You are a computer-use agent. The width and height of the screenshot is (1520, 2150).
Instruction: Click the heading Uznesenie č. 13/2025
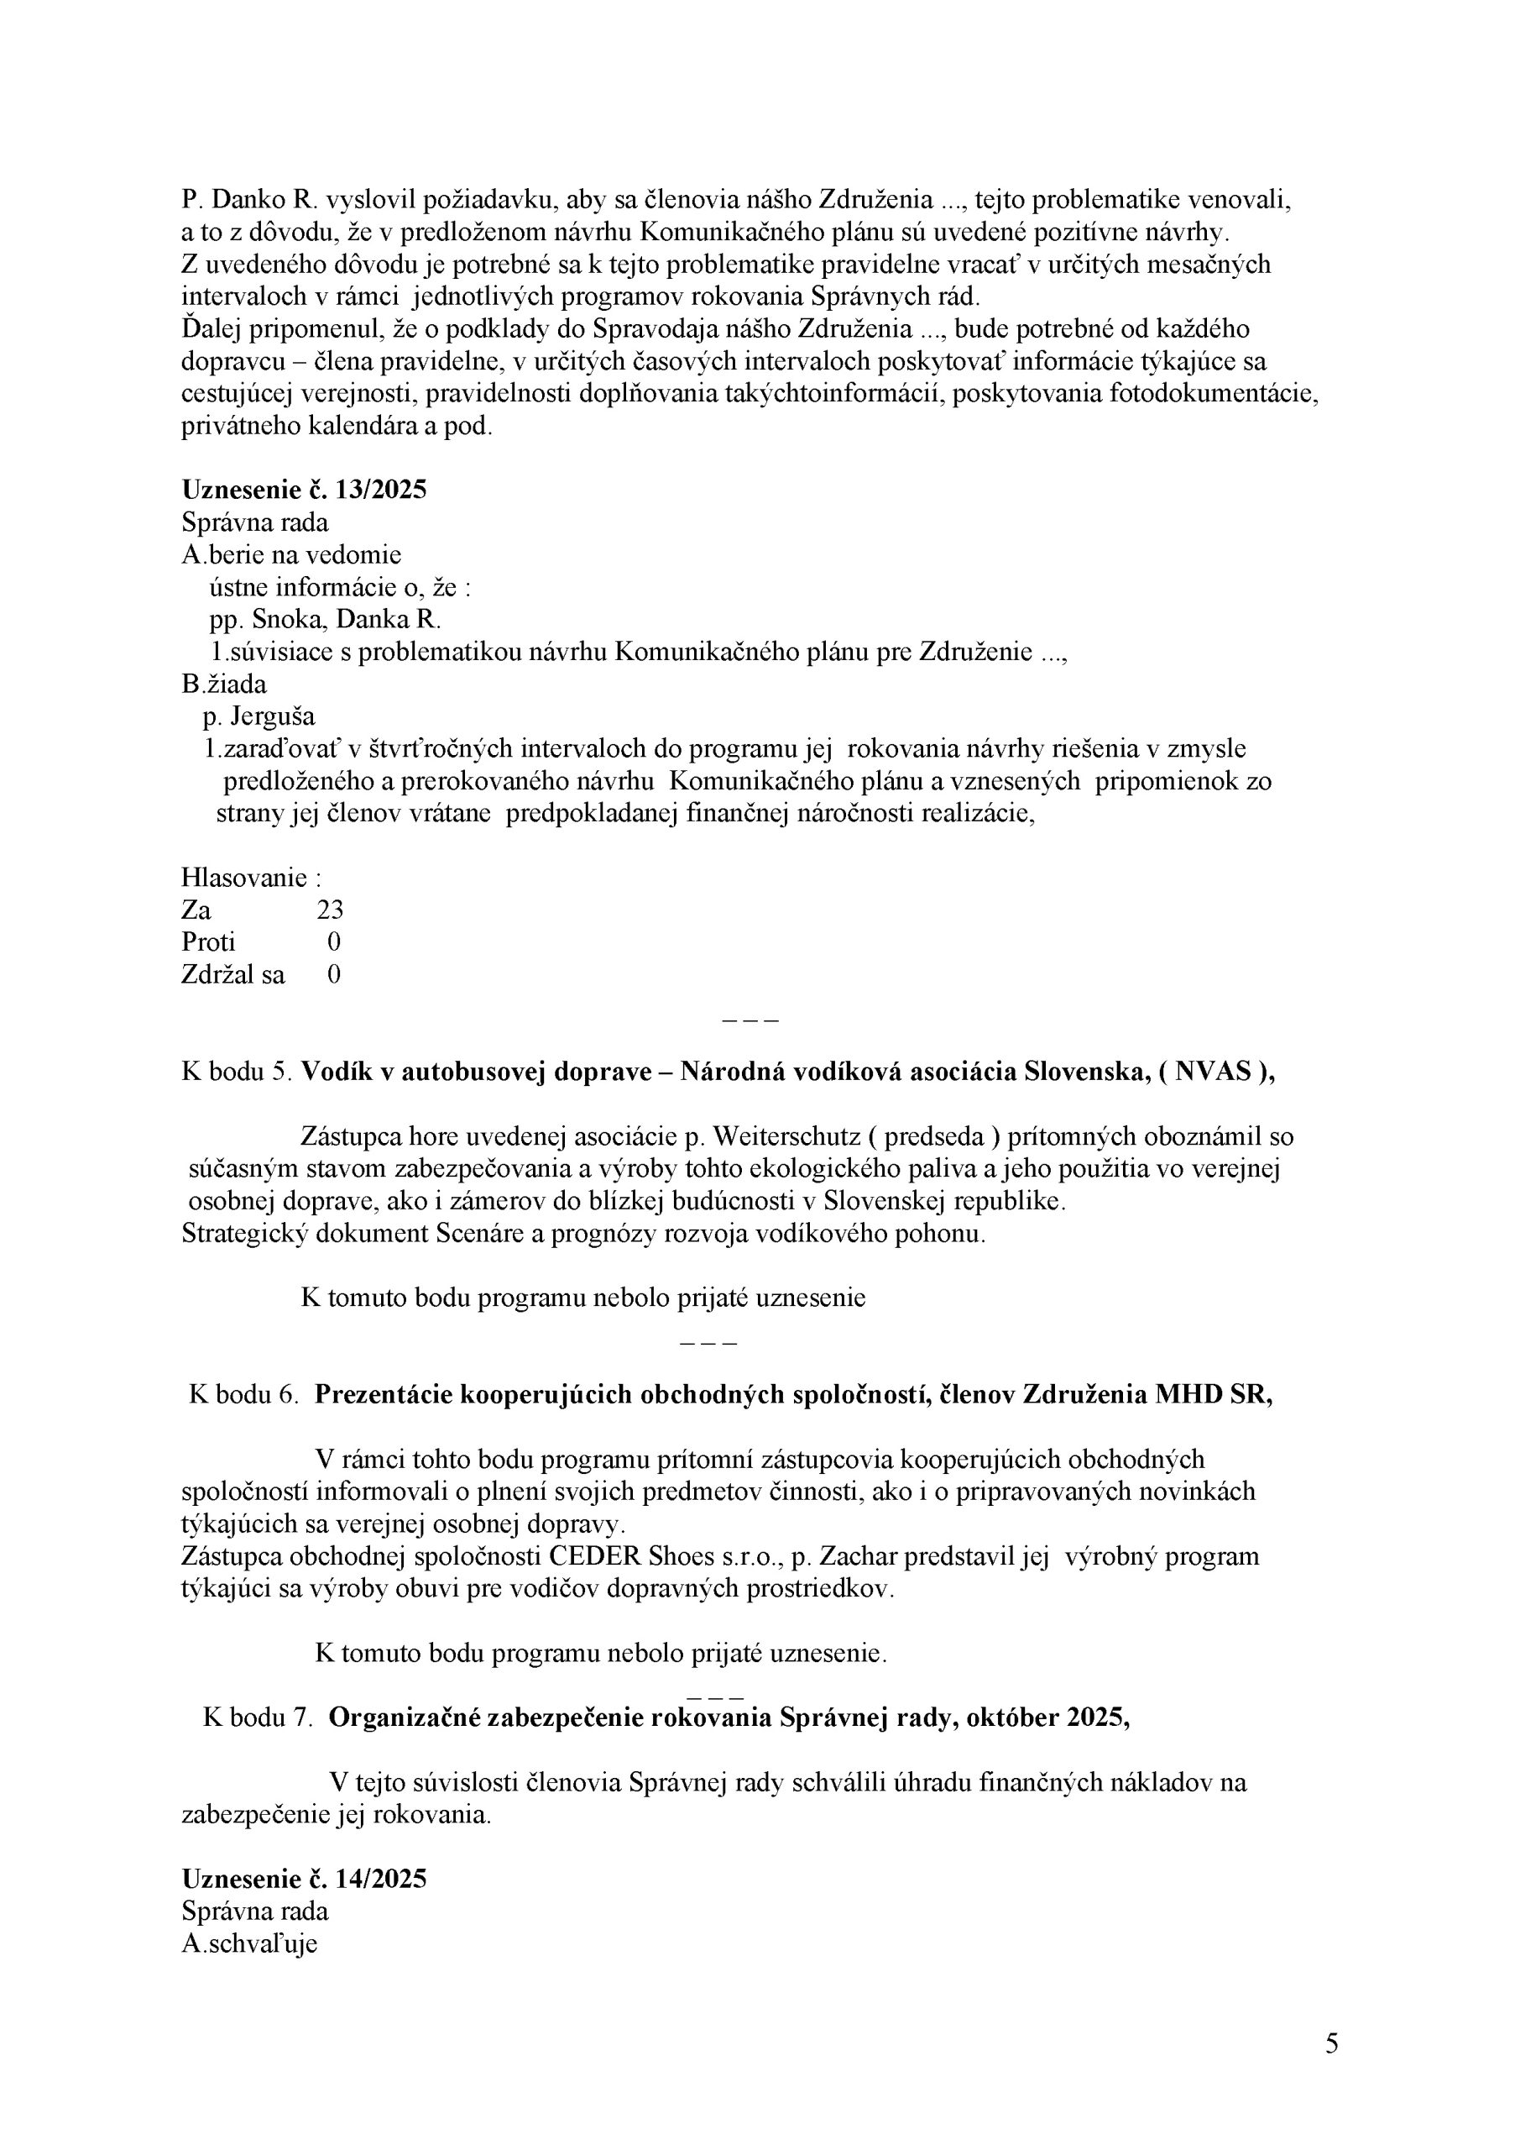(x=304, y=490)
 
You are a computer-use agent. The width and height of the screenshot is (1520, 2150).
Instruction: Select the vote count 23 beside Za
(x=331, y=910)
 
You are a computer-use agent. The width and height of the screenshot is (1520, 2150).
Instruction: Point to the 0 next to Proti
(x=334, y=942)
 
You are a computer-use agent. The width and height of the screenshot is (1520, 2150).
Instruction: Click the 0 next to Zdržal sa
(x=334, y=975)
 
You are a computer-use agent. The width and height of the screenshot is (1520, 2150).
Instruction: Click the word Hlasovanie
(x=244, y=878)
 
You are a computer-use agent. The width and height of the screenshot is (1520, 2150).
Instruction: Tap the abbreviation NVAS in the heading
(x=1214, y=1072)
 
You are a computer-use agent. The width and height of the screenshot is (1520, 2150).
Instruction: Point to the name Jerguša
(x=273, y=717)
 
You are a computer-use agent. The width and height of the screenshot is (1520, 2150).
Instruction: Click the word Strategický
(x=244, y=1233)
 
